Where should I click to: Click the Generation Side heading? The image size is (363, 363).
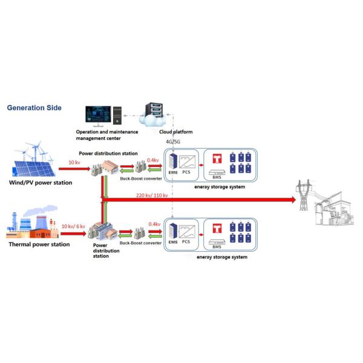pos(34,108)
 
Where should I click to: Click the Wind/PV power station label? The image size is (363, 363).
pos(41,182)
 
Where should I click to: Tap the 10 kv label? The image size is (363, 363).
pos(74,162)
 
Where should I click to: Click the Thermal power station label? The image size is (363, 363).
pos(39,244)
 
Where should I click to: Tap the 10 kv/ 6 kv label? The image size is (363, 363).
pos(74,226)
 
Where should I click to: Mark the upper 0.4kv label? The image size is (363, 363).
pos(153,160)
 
